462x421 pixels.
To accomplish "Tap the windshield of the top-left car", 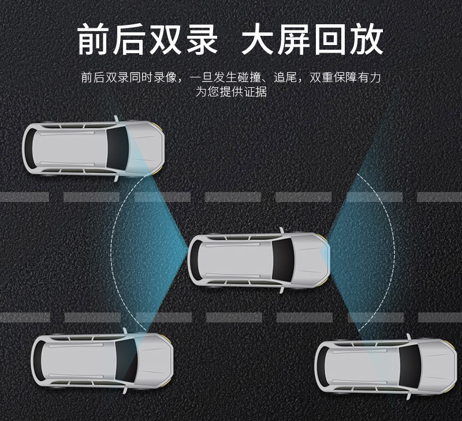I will pos(118,148).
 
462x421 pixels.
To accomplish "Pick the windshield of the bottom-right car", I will pos(411,367).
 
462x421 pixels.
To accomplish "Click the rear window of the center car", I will pos(197,259).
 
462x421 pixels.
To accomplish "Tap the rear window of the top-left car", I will pos(30,148).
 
